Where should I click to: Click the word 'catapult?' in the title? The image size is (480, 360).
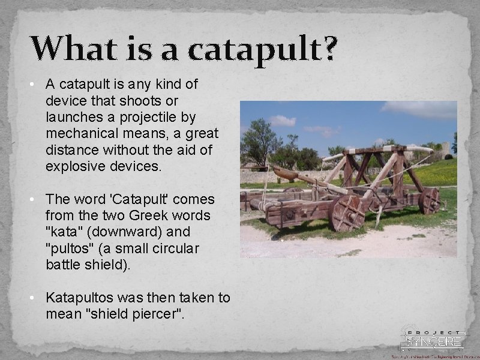262,49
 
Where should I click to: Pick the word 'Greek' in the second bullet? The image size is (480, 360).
145,215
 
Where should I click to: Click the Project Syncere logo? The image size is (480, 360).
432,340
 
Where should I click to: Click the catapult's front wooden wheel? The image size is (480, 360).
347,213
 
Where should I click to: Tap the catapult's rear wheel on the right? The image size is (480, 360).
430,201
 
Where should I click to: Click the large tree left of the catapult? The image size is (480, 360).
259,141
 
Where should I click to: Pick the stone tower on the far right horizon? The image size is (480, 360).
445,148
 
